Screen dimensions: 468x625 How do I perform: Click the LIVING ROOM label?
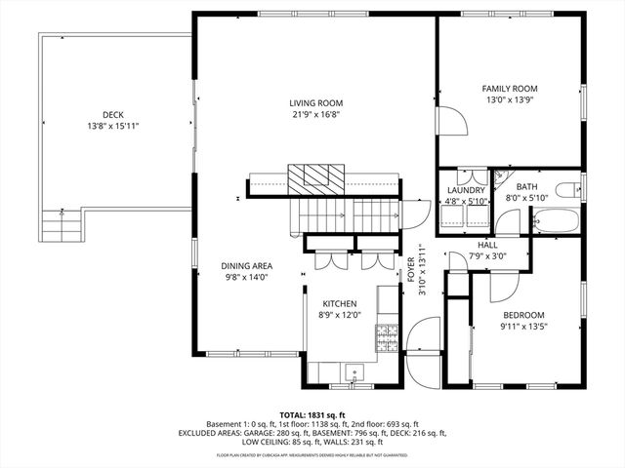click(315, 102)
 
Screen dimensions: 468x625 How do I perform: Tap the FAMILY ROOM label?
click(510, 89)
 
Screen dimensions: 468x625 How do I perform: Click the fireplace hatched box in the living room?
click(315, 176)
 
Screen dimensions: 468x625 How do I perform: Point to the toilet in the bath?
click(568, 189)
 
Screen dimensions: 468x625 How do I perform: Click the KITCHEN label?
click(340, 304)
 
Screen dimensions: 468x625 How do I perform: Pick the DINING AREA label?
click(245, 266)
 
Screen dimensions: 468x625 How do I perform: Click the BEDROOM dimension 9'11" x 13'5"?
click(523, 327)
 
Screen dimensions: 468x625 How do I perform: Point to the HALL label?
click(489, 245)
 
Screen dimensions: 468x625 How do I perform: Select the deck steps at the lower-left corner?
click(60, 229)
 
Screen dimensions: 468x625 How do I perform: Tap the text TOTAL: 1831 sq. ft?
click(313, 415)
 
